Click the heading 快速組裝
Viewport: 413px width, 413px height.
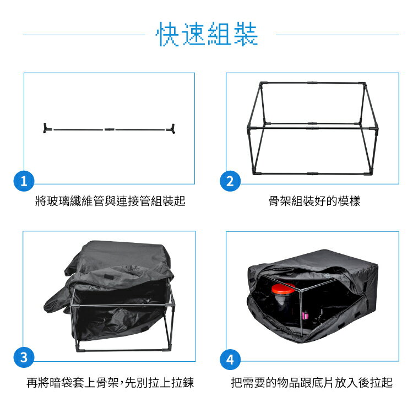[207, 35]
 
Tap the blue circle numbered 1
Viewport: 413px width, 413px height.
[23, 181]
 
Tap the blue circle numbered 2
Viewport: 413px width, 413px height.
[230, 181]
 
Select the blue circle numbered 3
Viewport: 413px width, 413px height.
[23, 357]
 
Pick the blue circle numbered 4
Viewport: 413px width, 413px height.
[230, 361]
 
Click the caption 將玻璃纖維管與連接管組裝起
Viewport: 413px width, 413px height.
[110, 202]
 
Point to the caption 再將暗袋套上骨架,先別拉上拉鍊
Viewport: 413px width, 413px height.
[110, 382]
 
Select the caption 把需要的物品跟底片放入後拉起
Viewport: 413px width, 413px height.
[312, 382]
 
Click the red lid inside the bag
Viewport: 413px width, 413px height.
[283, 289]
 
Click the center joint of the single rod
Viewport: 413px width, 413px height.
[108, 130]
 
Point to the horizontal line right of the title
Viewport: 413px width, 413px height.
[337, 35]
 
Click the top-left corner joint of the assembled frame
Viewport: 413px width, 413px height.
[261, 84]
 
